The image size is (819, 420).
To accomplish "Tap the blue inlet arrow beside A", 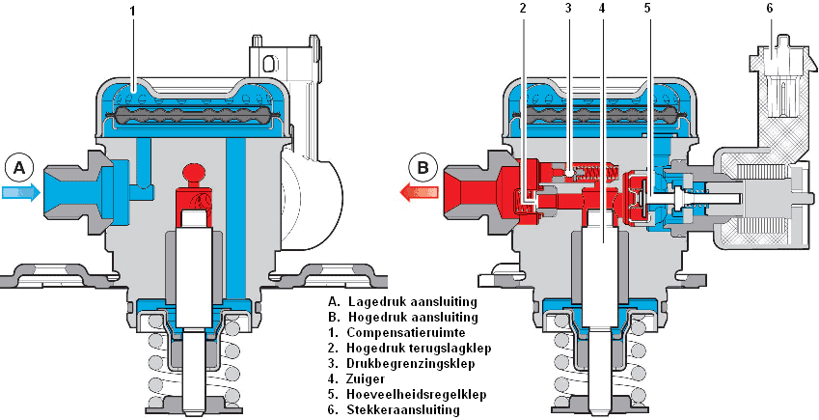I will [x=21, y=193].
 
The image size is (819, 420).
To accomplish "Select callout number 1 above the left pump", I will [x=134, y=13].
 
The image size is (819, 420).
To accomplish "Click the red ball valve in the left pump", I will [x=192, y=175].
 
